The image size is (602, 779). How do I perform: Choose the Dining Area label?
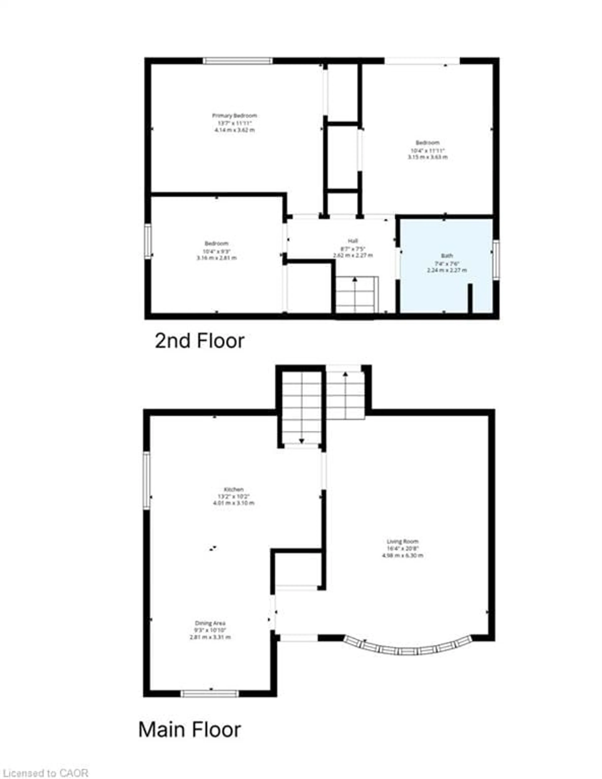[x=210, y=623]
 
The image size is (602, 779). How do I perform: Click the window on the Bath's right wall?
[x=496, y=258]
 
